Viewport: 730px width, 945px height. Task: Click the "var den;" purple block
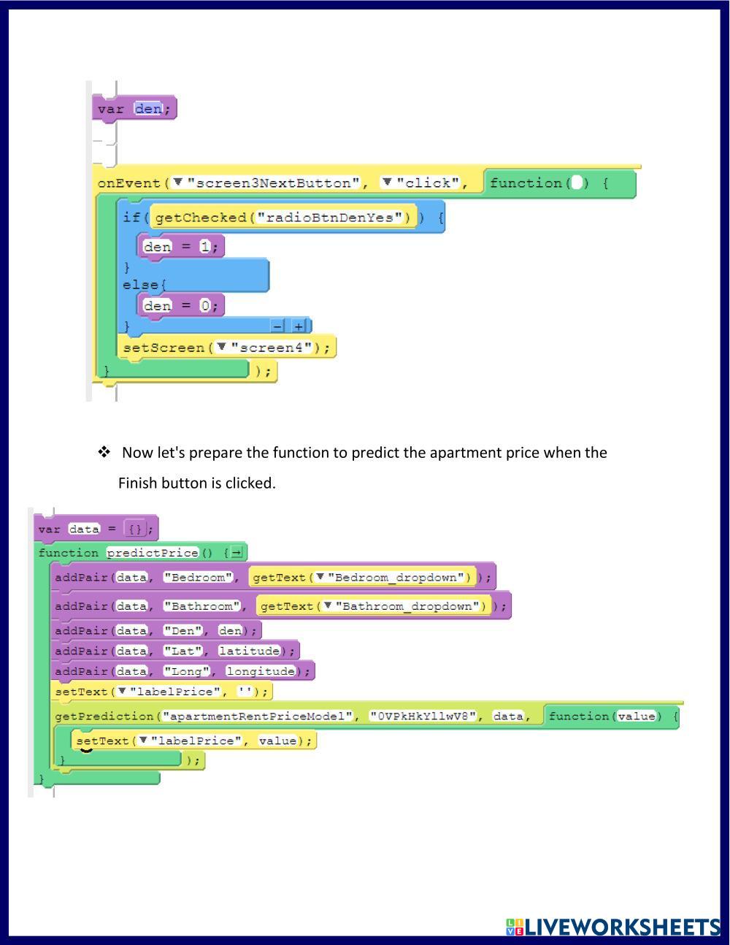coord(134,109)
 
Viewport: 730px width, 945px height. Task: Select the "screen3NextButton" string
coord(273,183)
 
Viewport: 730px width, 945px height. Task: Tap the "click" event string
coord(428,183)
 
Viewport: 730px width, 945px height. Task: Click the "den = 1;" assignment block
coord(180,247)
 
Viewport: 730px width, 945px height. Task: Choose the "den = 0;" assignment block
coord(180,306)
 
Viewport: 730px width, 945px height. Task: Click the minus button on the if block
coord(277,326)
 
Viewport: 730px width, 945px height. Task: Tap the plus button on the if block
coord(299,326)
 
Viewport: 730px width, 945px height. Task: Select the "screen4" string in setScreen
coord(272,348)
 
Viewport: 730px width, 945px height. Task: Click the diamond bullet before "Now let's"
coord(104,452)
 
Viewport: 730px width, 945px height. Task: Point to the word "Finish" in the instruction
coord(138,483)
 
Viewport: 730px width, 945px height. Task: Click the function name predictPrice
coord(153,553)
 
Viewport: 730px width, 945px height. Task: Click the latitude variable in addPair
coord(250,651)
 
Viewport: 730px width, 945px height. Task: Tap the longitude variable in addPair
coord(261,671)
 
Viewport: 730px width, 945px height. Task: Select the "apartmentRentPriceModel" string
coord(257,716)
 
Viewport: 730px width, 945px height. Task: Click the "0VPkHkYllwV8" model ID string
coord(423,716)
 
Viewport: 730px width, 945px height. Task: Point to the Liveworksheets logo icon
coord(515,927)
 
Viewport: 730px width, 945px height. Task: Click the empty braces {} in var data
coord(136,529)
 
